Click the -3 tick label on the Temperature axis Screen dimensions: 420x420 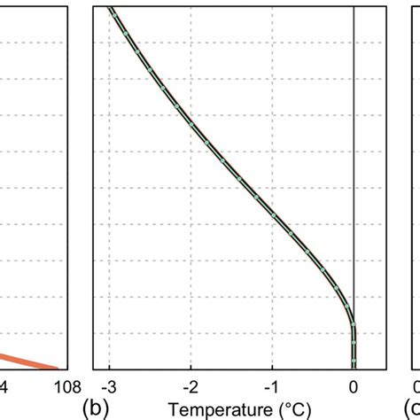pos(108,387)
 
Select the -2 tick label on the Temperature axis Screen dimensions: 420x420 pos(190,387)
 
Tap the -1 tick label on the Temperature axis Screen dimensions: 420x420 pos(271,387)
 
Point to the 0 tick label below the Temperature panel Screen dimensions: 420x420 pos(354,387)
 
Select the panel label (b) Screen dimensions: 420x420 pos(95,408)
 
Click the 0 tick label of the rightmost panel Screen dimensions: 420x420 pos(416,387)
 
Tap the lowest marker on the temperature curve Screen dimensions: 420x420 pos(354,362)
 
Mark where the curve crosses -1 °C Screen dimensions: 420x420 pos(272,215)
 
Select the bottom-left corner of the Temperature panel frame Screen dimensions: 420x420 pos(94,369)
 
